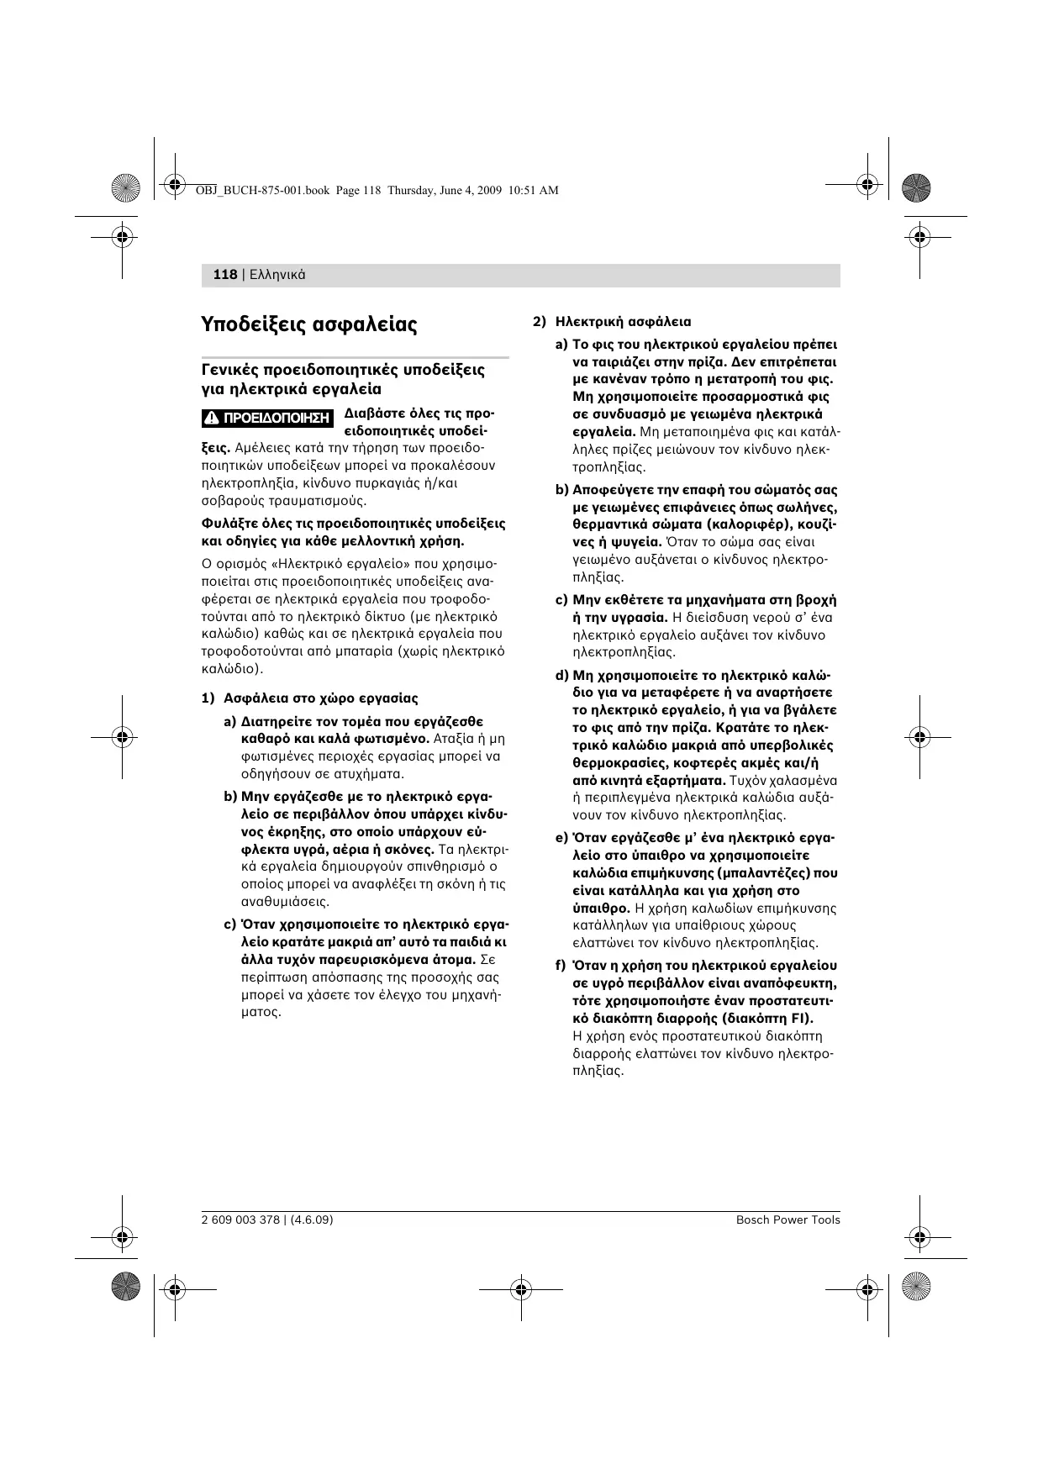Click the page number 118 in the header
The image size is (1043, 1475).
coord(225,275)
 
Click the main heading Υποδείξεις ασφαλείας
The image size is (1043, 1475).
coord(309,324)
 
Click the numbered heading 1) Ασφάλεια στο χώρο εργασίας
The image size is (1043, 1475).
coord(309,698)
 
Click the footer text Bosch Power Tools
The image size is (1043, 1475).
coord(788,1220)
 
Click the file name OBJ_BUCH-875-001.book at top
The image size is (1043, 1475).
coord(262,191)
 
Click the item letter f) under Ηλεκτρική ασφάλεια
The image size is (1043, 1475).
coord(561,966)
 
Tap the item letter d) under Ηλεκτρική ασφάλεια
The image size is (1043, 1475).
coord(561,675)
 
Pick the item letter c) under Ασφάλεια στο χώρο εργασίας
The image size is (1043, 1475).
coord(229,925)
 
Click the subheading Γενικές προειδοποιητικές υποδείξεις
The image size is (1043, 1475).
coord(343,370)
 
